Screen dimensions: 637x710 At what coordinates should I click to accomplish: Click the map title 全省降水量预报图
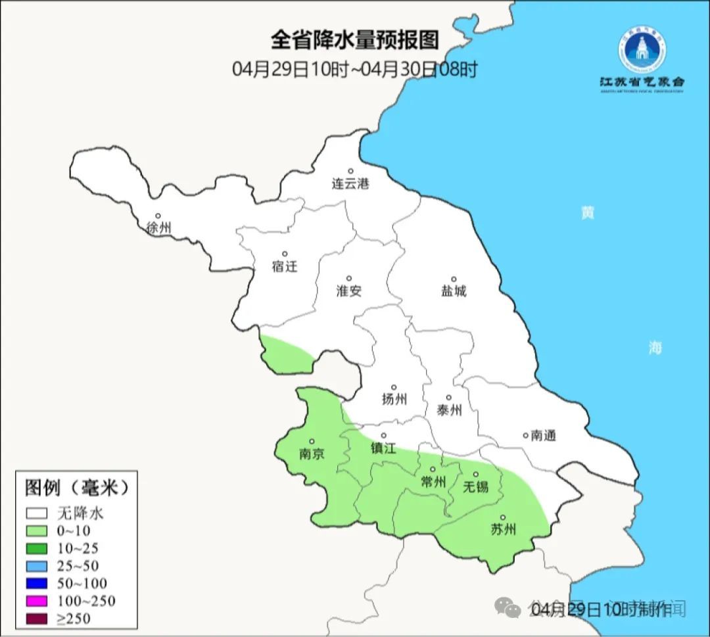(x=354, y=41)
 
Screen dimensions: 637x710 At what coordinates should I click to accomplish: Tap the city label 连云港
(x=350, y=184)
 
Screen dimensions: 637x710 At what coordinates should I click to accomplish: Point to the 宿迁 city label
(x=285, y=266)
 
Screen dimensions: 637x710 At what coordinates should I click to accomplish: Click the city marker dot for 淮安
(x=349, y=278)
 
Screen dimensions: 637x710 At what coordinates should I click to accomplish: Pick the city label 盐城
(x=453, y=291)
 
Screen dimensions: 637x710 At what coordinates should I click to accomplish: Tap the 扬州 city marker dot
(x=394, y=387)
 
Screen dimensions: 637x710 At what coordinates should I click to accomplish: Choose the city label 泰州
(x=449, y=410)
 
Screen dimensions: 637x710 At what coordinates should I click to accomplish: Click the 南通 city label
(x=543, y=435)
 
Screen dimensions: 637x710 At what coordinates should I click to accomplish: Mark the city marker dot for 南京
(x=312, y=442)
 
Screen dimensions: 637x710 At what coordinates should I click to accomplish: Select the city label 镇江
(x=383, y=448)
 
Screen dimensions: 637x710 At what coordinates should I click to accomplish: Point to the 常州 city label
(x=433, y=482)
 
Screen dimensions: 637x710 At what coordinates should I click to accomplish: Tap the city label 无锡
(x=476, y=486)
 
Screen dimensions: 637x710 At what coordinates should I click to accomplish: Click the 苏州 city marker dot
(x=503, y=517)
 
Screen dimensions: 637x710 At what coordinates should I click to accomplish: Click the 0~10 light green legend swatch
(x=37, y=531)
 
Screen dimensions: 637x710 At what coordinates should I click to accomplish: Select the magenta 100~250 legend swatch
(x=37, y=601)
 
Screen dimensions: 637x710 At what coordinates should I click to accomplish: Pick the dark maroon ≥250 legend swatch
(x=37, y=618)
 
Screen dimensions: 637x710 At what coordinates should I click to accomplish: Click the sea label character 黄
(x=587, y=213)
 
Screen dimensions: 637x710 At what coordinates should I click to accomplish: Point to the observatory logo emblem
(x=642, y=49)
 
